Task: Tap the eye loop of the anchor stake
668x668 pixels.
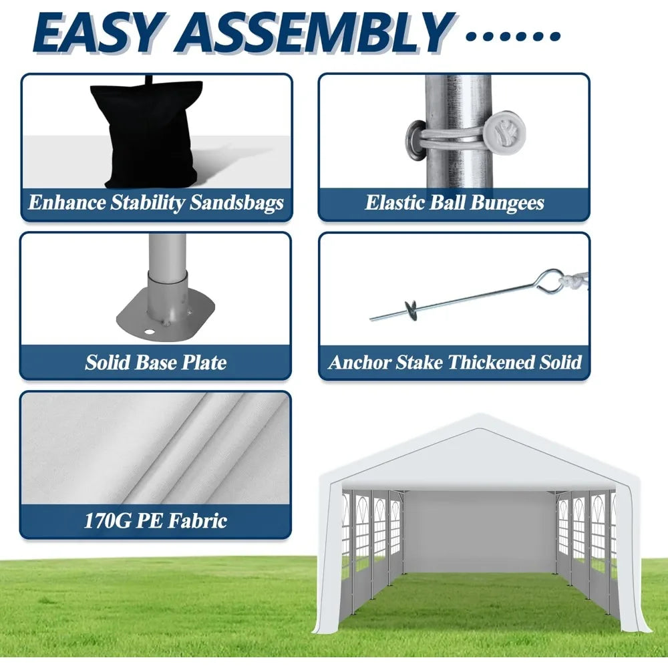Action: click(552, 281)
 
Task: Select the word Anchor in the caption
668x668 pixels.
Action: click(359, 363)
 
